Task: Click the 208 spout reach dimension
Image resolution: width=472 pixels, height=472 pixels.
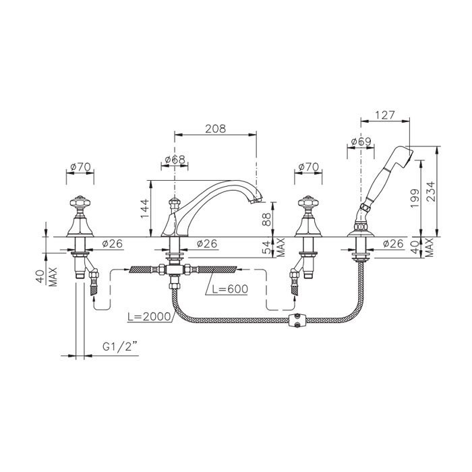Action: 215,129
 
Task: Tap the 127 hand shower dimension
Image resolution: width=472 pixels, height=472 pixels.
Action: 385,115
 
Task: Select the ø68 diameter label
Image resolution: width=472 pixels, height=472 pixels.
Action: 175,160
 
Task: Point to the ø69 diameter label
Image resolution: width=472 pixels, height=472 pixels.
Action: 361,142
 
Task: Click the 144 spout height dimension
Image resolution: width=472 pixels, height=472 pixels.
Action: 145,208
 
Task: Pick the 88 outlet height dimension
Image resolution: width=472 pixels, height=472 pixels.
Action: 266,219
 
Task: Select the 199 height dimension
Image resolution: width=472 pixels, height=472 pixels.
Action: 415,198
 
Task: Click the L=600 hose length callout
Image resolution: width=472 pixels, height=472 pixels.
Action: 230,289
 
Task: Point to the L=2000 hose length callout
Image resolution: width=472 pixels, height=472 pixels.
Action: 149,317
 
